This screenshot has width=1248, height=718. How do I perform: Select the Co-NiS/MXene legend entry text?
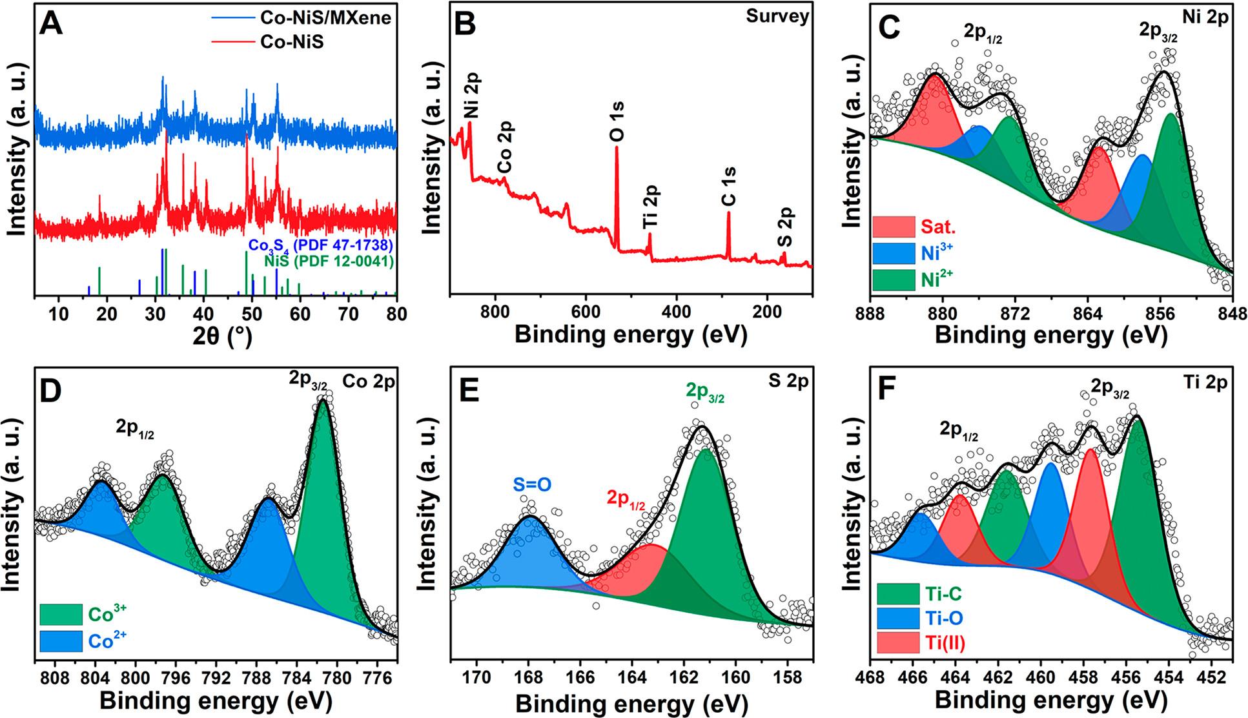[325, 17]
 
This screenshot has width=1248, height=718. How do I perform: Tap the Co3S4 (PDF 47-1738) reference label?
[321, 246]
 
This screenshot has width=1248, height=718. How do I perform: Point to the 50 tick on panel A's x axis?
[252, 314]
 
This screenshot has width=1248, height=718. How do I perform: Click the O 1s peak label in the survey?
[617, 121]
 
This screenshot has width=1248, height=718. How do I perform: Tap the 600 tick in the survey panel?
[586, 311]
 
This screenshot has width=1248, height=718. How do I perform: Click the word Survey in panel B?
[777, 16]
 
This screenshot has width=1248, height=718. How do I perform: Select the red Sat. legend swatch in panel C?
[894, 227]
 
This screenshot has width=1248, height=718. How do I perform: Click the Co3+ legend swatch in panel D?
[61, 614]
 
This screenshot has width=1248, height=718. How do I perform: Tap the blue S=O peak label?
[533, 484]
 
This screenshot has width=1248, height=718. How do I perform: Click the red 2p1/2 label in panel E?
[626, 499]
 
